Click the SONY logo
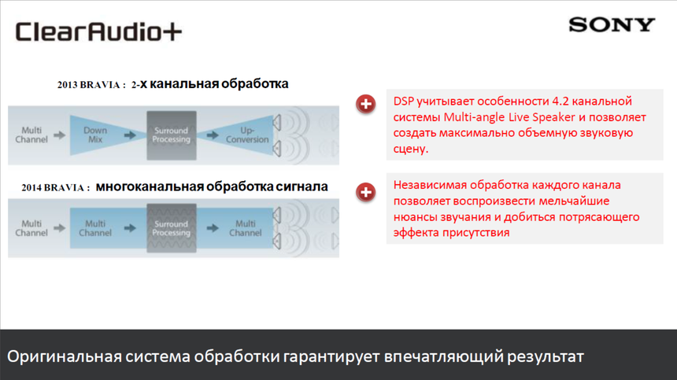(x=612, y=25)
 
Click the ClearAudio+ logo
(x=99, y=32)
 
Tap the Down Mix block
(x=95, y=135)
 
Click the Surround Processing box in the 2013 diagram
(x=171, y=135)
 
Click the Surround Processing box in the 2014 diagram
(x=171, y=228)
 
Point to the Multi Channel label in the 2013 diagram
(x=31, y=135)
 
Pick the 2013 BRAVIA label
(x=91, y=85)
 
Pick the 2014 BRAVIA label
(x=54, y=188)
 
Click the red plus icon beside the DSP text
(x=366, y=104)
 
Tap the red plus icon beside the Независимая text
(x=366, y=191)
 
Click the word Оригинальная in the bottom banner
(x=64, y=356)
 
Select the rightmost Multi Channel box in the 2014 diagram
(x=245, y=228)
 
